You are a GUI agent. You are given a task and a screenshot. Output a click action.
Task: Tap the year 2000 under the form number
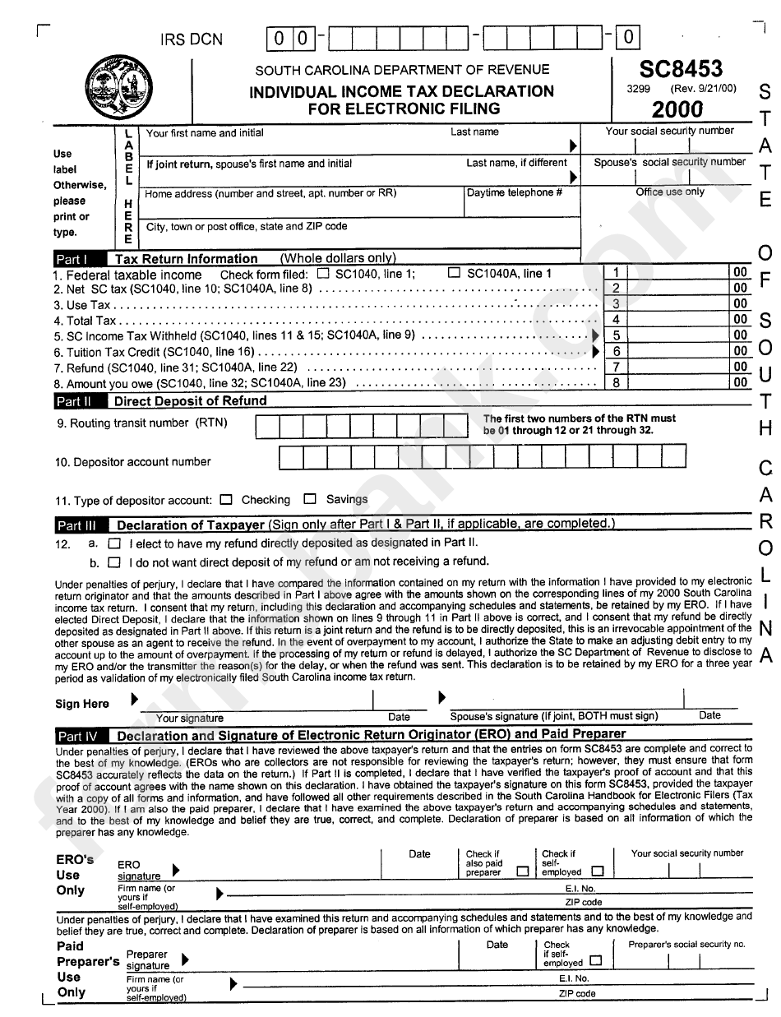click(677, 109)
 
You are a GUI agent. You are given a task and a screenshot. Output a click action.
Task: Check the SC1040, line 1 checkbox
click(323, 274)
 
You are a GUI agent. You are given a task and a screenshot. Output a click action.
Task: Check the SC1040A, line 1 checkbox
click(454, 273)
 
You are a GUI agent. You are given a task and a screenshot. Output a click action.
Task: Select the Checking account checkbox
click(227, 499)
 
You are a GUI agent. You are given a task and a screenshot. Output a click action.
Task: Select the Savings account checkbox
click(310, 499)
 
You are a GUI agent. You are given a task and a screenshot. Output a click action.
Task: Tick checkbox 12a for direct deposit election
click(114, 543)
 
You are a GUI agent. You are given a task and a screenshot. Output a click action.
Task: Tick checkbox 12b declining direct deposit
click(114, 562)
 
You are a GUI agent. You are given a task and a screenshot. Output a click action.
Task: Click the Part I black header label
click(71, 259)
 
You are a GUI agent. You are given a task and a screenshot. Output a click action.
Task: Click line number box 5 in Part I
click(616, 335)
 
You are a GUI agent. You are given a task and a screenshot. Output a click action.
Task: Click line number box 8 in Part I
click(616, 382)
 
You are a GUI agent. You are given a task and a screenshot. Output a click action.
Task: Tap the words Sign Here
click(82, 704)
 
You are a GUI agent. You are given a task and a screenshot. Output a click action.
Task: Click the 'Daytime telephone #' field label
click(515, 193)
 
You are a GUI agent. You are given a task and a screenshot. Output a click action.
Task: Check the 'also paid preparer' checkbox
click(522, 872)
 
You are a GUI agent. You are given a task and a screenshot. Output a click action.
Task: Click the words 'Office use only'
click(670, 192)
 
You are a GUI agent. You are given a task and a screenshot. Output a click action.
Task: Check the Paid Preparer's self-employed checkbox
click(595, 960)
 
